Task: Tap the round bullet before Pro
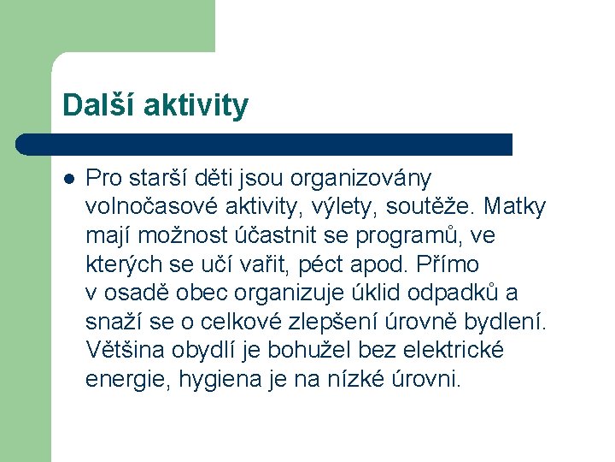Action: tap(68, 178)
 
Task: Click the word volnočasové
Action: tap(151, 207)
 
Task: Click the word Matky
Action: tap(518, 207)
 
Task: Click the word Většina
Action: tap(126, 350)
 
